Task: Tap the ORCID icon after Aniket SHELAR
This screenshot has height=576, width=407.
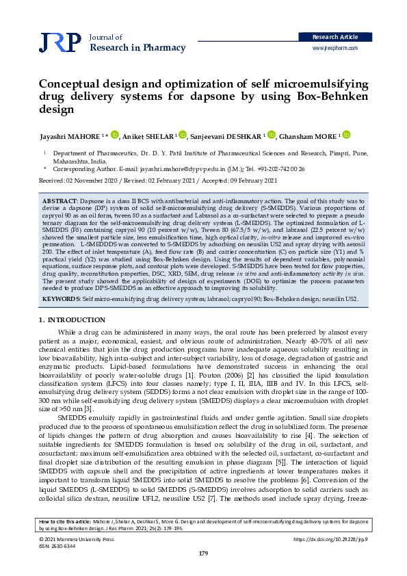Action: pyautogui.click(x=181, y=135)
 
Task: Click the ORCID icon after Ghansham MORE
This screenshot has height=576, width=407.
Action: pyautogui.click(x=347, y=135)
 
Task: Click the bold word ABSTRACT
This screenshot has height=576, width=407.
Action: pyautogui.click(x=59, y=197)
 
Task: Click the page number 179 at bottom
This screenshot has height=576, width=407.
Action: pyautogui.click(x=203, y=553)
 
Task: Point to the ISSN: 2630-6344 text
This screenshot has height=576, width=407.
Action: pyautogui.click(x=57, y=545)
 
